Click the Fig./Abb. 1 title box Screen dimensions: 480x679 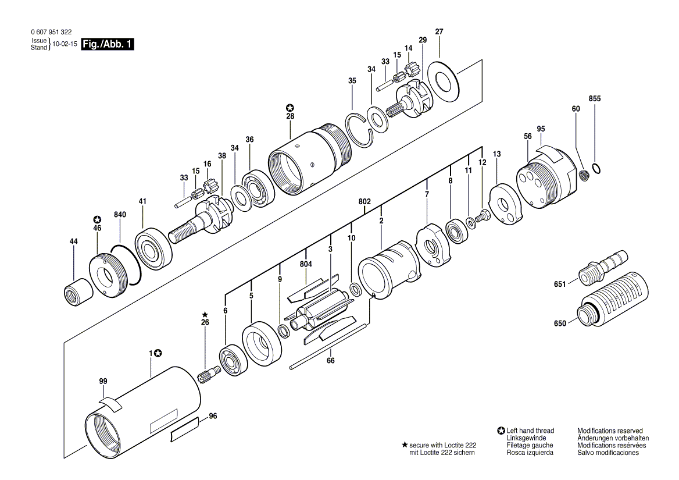point(108,44)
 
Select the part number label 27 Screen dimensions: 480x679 point(439,31)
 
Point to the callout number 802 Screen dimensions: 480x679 point(364,201)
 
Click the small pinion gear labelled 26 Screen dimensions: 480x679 point(209,375)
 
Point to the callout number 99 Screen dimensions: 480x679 point(103,381)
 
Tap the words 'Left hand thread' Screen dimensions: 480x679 point(530,431)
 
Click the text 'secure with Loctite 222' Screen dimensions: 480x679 point(442,445)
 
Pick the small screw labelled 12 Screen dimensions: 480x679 point(481,217)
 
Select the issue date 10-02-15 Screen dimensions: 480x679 point(65,44)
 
